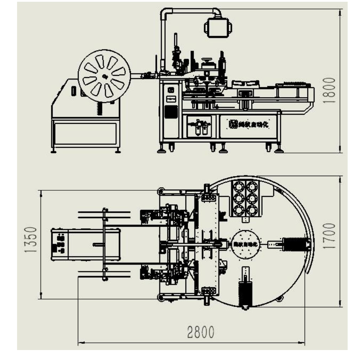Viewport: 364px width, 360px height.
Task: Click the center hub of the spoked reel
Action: click(104, 76)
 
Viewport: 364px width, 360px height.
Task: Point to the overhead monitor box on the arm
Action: click(218, 27)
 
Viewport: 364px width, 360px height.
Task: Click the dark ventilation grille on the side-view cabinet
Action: click(171, 112)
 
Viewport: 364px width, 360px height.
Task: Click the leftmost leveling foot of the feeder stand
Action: click(53, 151)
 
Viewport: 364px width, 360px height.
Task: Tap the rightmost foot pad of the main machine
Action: click(279, 150)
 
